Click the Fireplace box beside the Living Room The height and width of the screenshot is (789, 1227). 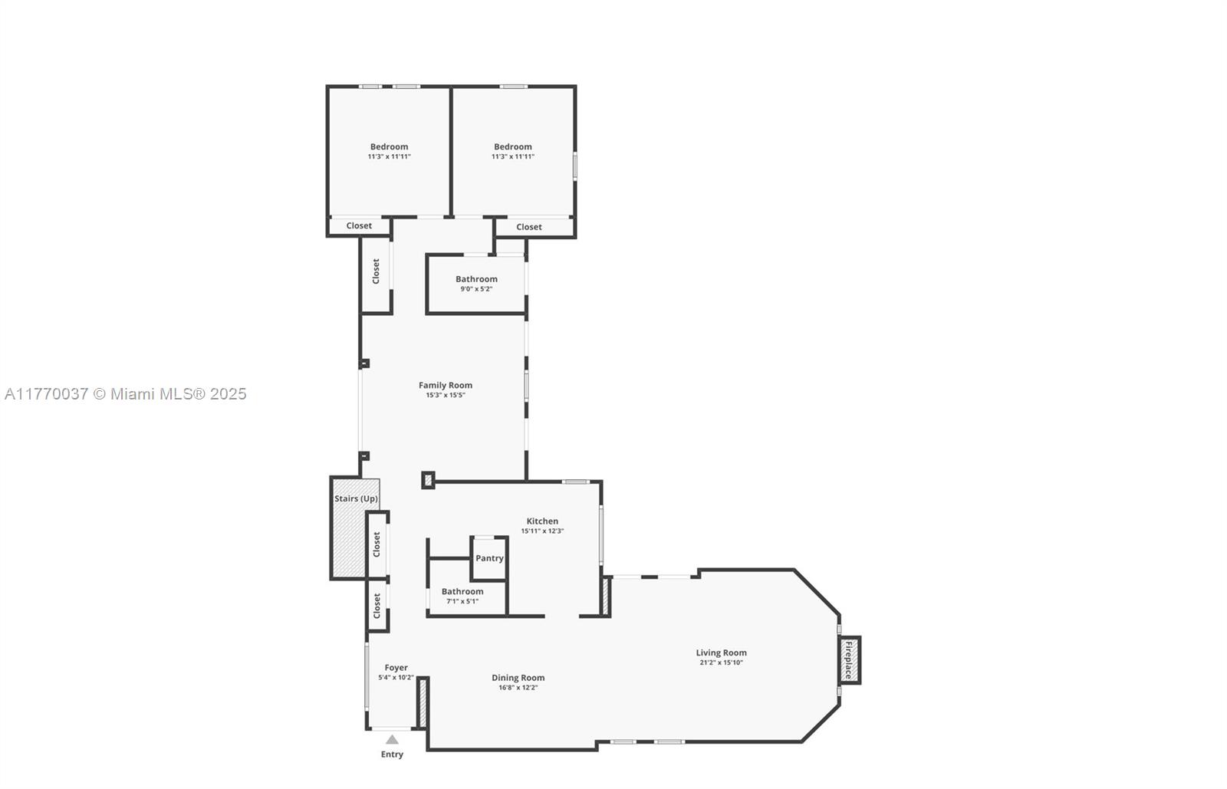[x=849, y=659]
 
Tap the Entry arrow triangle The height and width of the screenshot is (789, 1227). [x=392, y=740]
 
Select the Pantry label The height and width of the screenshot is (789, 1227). [x=489, y=558]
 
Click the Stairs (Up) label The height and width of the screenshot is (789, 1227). [x=356, y=498]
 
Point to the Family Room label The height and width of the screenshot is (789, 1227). [x=446, y=386]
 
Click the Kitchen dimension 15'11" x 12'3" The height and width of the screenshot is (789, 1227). [x=542, y=531]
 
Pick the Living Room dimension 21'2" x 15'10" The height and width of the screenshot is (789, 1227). [x=721, y=662]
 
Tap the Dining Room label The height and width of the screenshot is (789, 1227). [x=518, y=678]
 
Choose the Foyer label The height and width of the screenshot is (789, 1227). [x=396, y=668]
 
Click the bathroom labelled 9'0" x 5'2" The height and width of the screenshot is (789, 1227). [x=476, y=284]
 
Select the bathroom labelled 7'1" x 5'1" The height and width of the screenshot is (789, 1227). [x=462, y=596]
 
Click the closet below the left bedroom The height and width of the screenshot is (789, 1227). [x=359, y=226]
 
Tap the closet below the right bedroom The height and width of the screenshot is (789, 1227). [x=529, y=227]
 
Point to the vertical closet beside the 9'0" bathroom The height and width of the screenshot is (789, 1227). [x=376, y=271]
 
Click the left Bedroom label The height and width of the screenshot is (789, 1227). [x=389, y=147]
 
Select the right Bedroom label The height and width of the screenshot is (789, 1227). [x=513, y=147]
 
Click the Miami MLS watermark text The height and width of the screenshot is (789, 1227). [x=126, y=394]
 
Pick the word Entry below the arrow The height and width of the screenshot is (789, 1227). [x=392, y=754]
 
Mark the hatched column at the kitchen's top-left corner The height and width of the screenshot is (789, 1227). [x=428, y=480]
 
